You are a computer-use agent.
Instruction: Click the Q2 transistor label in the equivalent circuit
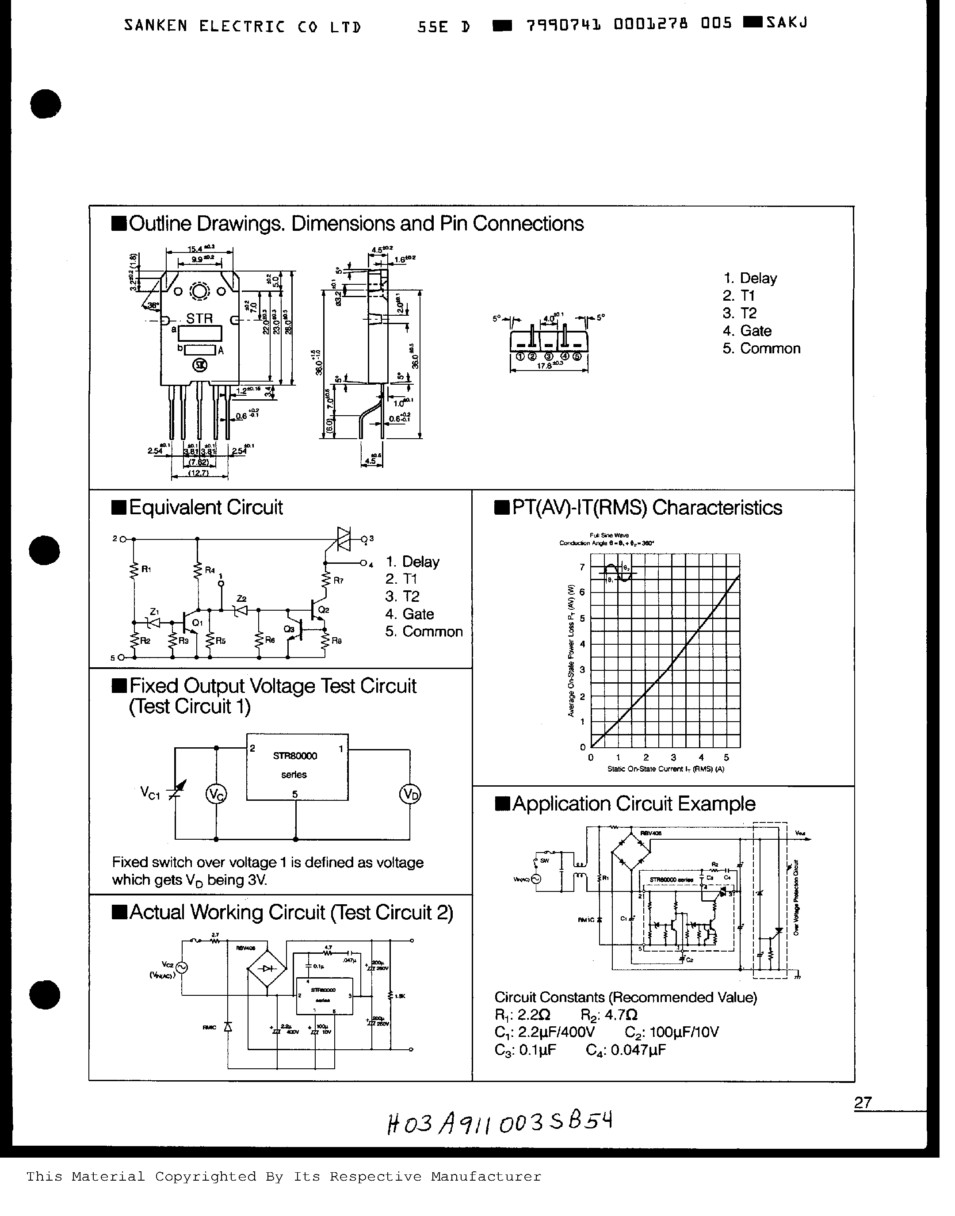point(323,610)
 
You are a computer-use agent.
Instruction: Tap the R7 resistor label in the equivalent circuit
point(338,580)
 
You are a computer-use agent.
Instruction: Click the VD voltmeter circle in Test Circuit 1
point(410,795)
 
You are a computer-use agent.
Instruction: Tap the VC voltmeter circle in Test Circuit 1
point(216,795)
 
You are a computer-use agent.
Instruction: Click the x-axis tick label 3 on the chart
point(673,757)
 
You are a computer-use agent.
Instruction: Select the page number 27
point(863,1102)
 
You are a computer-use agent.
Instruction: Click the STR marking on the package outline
point(199,318)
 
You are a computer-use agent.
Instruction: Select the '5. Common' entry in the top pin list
point(761,348)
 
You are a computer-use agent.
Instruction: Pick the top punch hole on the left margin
point(45,104)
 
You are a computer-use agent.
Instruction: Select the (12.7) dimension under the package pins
point(199,473)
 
